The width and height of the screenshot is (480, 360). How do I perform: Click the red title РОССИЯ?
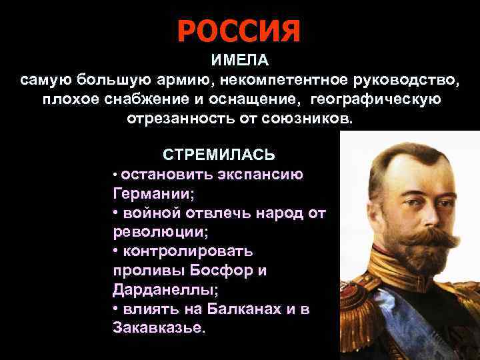click(239, 30)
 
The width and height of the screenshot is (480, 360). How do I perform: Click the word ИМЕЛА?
click(240, 61)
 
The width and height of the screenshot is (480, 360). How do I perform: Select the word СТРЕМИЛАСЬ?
click(219, 155)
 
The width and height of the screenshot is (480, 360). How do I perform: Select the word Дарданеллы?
click(155, 291)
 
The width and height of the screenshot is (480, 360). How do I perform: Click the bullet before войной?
click(115, 213)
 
